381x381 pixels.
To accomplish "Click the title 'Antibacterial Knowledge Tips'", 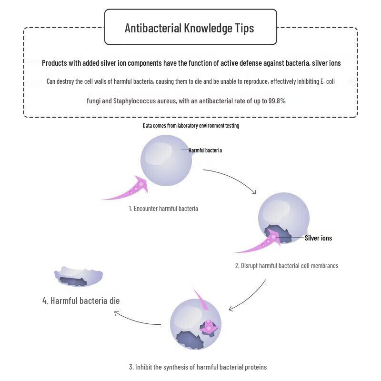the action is pyautogui.click(x=189, y=28).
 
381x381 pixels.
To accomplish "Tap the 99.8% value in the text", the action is pyautogui.click(x=277, y=101).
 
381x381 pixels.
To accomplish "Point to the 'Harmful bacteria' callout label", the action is pyautogui.click(x=205, y=150).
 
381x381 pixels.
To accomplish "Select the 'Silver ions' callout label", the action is pyautogui.click(x=318, y=238).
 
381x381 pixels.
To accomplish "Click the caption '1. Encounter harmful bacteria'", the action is pyautogui.click(x=163, y=209).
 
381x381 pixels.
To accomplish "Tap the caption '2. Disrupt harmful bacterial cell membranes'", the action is pyautogui.click(x=287, y=266).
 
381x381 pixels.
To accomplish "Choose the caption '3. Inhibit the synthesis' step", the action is pyautogui.click(x=198, y=367).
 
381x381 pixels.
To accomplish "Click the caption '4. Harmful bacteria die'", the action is pyautogui.click(x=81, y=301).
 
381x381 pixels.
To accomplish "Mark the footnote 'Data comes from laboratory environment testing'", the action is pyautogui.click(x=191, y=126).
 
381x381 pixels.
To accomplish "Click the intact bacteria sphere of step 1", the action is pyautogui.click(x=166, y=160).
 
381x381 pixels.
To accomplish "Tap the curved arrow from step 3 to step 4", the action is pyautogui.click(x=136, y=321).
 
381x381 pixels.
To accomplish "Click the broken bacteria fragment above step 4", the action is pyautogui.click(x=78, y=277).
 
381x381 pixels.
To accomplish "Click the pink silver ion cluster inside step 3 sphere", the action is pyautogui.click(x=209, y=327).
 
